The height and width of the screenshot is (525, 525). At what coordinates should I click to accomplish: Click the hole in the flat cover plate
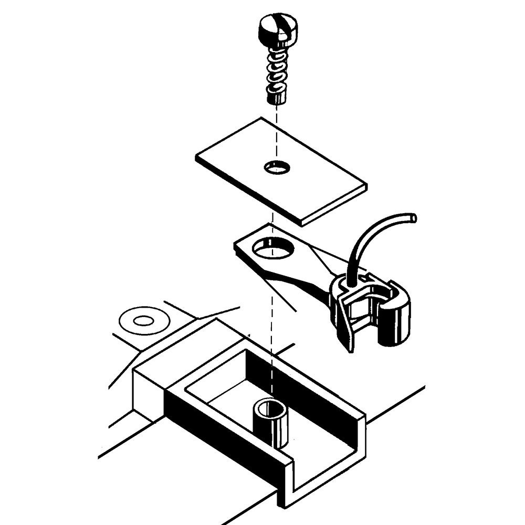pyautogui.click(x=276, y=167)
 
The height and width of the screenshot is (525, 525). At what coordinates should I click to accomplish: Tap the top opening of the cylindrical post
pyautogui.click(x=270, y=407)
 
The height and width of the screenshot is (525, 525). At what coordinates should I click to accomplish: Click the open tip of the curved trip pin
pyautogui.click(x=414, y=216)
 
